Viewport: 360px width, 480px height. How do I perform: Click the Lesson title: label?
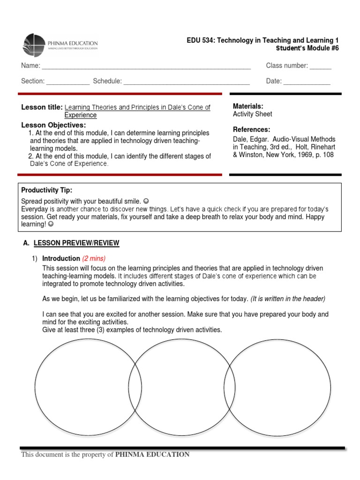[x=42, y=107]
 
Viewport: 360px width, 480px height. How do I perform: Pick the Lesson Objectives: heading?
[x=53, y=125]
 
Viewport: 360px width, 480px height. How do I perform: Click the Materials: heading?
[x=248, y=106]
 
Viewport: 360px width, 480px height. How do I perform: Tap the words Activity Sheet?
[x=252, y=114]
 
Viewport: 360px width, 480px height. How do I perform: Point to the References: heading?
[x=251, y=129]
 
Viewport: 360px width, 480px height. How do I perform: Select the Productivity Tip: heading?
[x=47, y=190]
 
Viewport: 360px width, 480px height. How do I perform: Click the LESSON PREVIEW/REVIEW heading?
[x=76, y=243]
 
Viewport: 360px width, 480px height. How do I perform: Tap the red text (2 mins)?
[x=94, y=258]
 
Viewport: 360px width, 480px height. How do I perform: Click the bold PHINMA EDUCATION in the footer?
[x=152, y=454]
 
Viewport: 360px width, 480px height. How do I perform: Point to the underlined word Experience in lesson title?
[x=80, y=115]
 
